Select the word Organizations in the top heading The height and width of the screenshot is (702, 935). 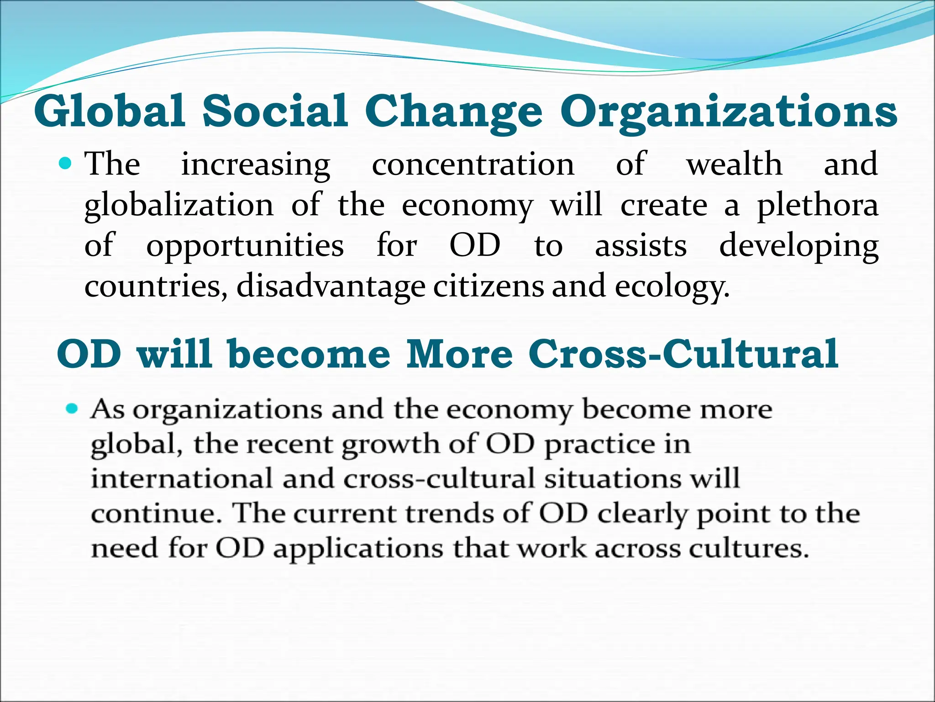pyautogui.click(x=729, y=112)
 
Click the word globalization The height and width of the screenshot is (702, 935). pyautogui.click(x=179, y=206)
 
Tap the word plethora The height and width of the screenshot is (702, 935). pyautogui.click(x=818, y=206)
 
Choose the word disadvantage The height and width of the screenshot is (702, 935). pyautogui.click(x=331, y=287)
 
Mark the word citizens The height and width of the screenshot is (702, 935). pyautogui.click(x=489, y=286)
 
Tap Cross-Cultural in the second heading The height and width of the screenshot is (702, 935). pyautogui.click(x=683, y=354)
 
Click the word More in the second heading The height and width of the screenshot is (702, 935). pyautogui.click(x=460, y=354)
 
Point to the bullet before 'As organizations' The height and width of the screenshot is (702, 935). pyautogui.click(x=72, y=408)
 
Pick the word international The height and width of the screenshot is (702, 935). pyautogui.click(x=182, y=479)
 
